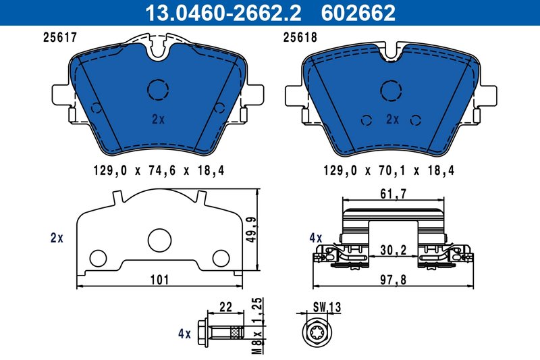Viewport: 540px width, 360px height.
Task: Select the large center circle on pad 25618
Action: (392, 90)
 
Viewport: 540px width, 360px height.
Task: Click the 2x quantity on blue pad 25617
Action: (158, 120)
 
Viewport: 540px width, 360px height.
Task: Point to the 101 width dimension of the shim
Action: (159, 279)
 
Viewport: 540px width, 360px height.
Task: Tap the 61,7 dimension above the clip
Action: (394, 195)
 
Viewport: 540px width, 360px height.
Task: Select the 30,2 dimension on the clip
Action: (394, 250)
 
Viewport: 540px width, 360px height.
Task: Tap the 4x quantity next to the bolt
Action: (184, 333)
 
